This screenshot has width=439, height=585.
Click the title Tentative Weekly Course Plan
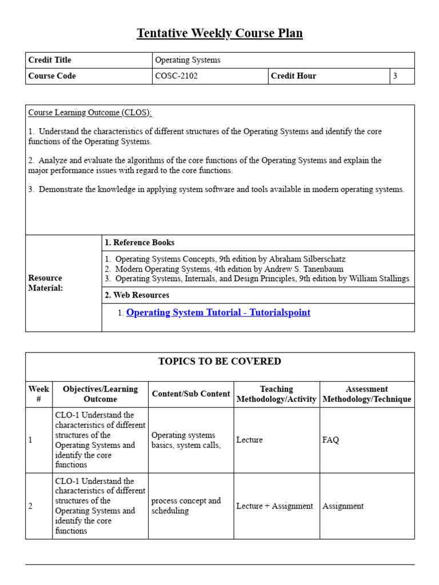click(x=219, y=34)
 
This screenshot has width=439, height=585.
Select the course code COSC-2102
click(x=177, y=76)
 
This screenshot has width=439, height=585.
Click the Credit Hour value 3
click(x=395, y=76)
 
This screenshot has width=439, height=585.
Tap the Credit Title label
click(x=50, y=60)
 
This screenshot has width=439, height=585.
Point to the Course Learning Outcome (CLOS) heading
click(x=90, y=113)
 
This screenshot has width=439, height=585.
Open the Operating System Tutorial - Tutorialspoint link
click(x=218, y=312)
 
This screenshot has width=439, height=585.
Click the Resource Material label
click(x=46, y=283)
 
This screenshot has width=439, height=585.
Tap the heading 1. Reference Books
click(x=139, y=243)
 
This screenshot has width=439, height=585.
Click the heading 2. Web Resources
click(x=137, y=295)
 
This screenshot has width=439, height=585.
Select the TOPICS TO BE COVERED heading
click(x=219, y=361)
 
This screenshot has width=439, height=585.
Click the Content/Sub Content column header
click(x=191, y=394)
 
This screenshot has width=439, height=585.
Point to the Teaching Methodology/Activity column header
click(x=277, y=394)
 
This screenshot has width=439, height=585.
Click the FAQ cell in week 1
click(x=330, y=440)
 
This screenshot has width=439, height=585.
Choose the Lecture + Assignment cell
click(x=274, y=506)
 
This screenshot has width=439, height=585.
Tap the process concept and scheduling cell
click(x=186, y=506)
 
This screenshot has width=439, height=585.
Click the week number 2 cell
click(x=31, y=506)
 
